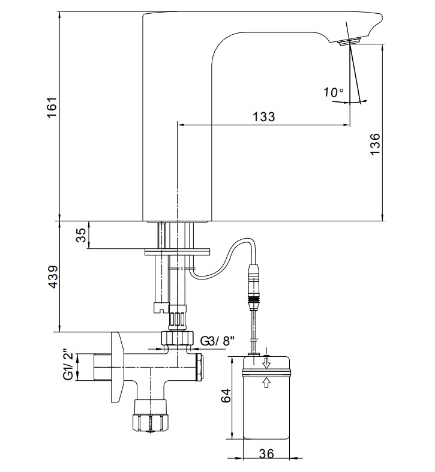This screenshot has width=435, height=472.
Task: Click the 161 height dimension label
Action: pos(52,108)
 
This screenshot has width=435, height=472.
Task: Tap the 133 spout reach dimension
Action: pos(264,116)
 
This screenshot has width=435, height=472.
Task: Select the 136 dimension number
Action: pos(376,144)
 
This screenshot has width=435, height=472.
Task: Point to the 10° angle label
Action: pos(334,92)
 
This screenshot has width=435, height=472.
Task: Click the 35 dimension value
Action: pos(81,235)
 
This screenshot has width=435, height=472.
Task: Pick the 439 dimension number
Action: pos(53,277)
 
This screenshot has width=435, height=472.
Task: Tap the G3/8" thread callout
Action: pos(217,341)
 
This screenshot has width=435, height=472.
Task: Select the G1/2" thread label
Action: pos(69,365)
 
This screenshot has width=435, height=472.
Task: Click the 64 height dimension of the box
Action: pos(226,395)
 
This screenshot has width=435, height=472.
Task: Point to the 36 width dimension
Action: pos(266,453)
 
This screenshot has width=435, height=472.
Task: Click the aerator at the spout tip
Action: pos(349,41)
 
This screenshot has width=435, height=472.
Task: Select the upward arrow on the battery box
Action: pos(266,383)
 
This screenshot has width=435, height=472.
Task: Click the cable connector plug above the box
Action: pos(253,287)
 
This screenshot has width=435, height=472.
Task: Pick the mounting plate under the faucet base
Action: pos(177,252)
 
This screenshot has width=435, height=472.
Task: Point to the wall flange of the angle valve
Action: pos(117,366)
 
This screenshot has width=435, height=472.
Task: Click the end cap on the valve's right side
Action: pos(199,368)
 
